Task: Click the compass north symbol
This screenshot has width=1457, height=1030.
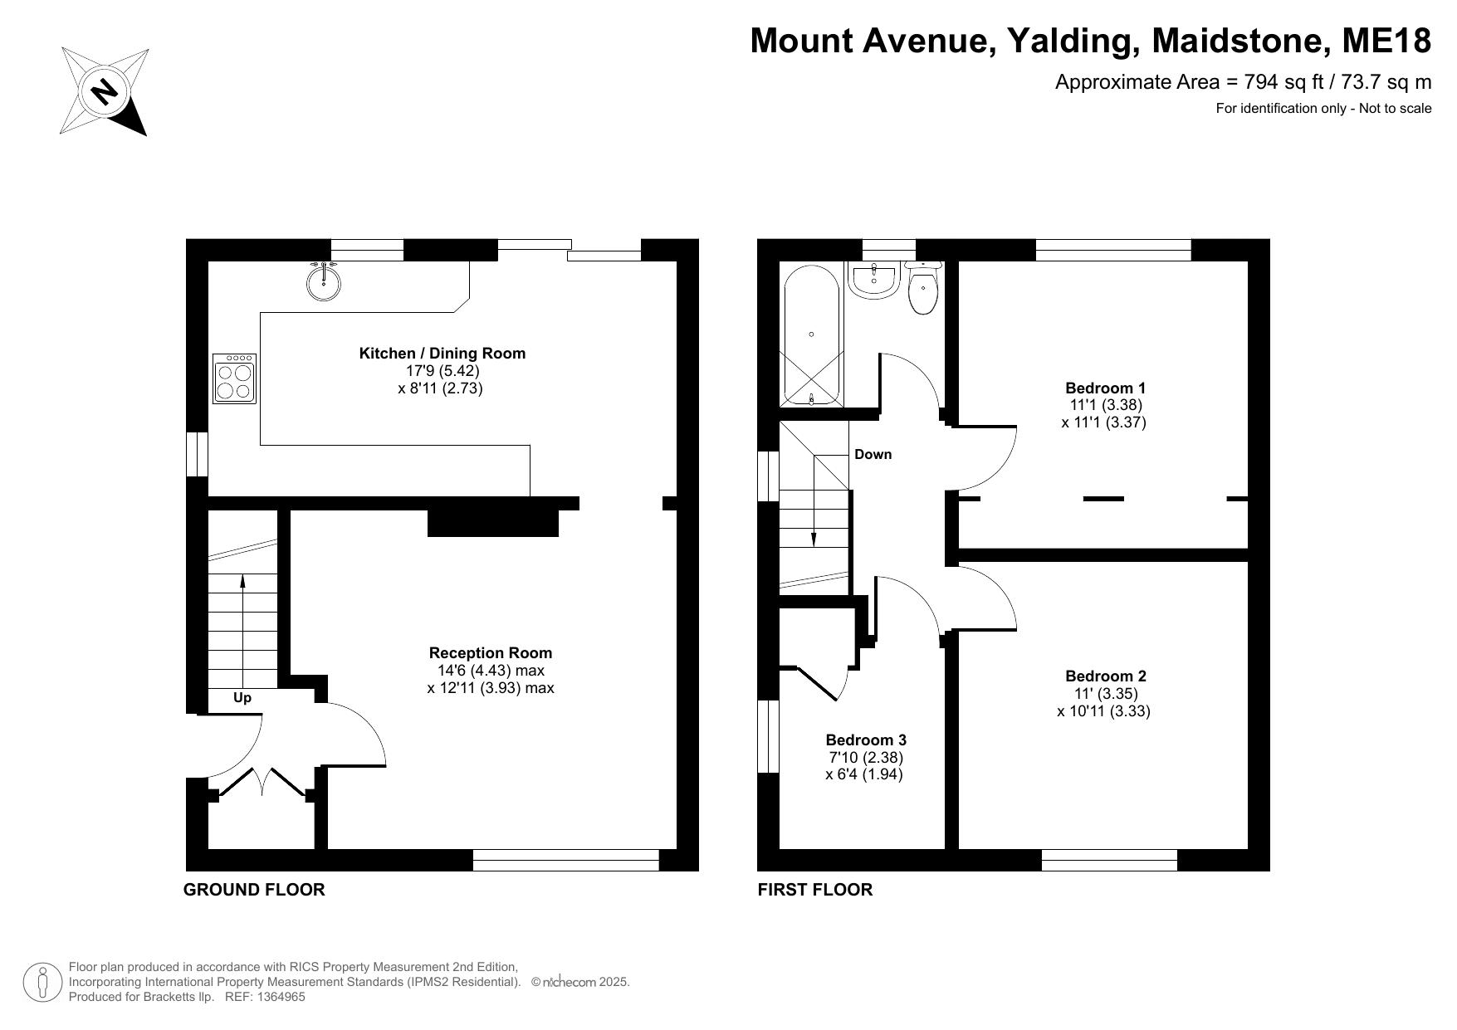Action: [x=104, y=90]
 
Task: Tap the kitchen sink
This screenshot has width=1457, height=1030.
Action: [x=323, y=281]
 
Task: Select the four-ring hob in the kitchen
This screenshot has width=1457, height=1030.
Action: [x=235, y=378]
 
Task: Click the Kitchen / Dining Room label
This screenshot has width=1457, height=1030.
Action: [x=442, y=354]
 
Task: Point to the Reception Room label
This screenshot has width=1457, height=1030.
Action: [x=491, y=653]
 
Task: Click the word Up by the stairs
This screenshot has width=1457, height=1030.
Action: [x=242, y=698]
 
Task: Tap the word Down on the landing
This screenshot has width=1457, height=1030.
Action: [x=873, y=455]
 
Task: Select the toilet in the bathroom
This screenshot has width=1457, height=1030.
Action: [x=923, y=287]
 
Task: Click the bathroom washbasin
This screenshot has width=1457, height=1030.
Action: [x=873, y=280]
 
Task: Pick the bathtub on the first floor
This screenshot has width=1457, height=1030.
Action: [x=812, y=334]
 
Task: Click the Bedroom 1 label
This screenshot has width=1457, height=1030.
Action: [x=1106, y=388]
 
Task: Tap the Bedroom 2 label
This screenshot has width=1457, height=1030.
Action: [x=1106, y=676]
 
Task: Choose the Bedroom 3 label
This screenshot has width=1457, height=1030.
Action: [x=866, y=740]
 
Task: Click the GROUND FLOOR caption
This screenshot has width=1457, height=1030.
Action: [x=254, y=890]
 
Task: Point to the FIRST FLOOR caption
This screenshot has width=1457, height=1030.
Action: [x=815, y=890]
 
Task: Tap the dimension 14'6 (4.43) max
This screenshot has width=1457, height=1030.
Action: [x=491, y=671]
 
